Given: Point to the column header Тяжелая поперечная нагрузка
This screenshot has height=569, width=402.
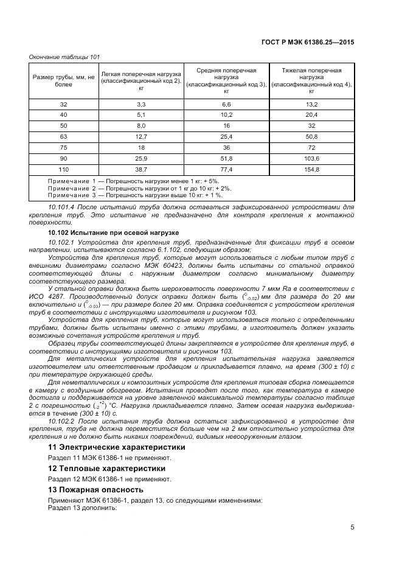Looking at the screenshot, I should point(311,80).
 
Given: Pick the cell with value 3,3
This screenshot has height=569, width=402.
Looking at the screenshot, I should point(141,104).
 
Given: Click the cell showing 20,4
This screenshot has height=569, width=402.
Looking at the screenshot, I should point(311,114).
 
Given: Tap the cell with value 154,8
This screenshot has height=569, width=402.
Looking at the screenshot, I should point(311,168).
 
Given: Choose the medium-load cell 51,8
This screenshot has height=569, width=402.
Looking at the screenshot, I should point(226,158).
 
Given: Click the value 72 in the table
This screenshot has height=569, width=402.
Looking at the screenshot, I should point(311,147).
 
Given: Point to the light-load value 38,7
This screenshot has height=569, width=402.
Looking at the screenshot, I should point(141,168).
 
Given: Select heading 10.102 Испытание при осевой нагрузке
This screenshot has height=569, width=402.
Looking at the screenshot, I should point(113,233).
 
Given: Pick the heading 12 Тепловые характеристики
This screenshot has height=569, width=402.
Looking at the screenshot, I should point(106,468).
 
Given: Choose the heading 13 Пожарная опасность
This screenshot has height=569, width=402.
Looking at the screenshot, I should point(95,489).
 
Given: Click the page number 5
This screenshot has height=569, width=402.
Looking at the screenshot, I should point(352,527).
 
